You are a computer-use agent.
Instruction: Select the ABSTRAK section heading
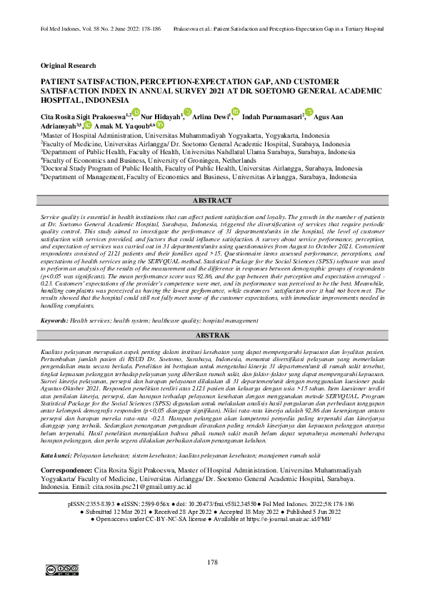click(x=212, y=335)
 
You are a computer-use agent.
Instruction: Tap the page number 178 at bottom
click(x=212, y=562)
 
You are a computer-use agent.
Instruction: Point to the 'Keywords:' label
click(x=54, y=321)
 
